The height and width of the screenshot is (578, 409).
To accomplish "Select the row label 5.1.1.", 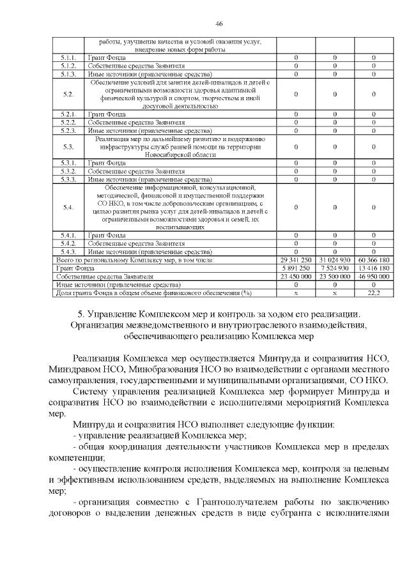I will click(68, 58).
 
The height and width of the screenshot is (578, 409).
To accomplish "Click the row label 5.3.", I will click(68, 146).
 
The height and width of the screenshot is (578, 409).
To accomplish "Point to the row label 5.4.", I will click(68, 207).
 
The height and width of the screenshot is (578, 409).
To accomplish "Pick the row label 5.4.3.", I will click(68, 252).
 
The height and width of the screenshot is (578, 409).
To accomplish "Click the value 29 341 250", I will click(295, 261).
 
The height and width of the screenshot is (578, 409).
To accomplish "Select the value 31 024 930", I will click(334, 261).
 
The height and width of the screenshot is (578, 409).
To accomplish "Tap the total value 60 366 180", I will click(373, 261).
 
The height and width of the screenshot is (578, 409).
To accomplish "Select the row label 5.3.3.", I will click(68, 179).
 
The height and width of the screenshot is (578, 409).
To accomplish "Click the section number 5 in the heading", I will click(81, 314).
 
